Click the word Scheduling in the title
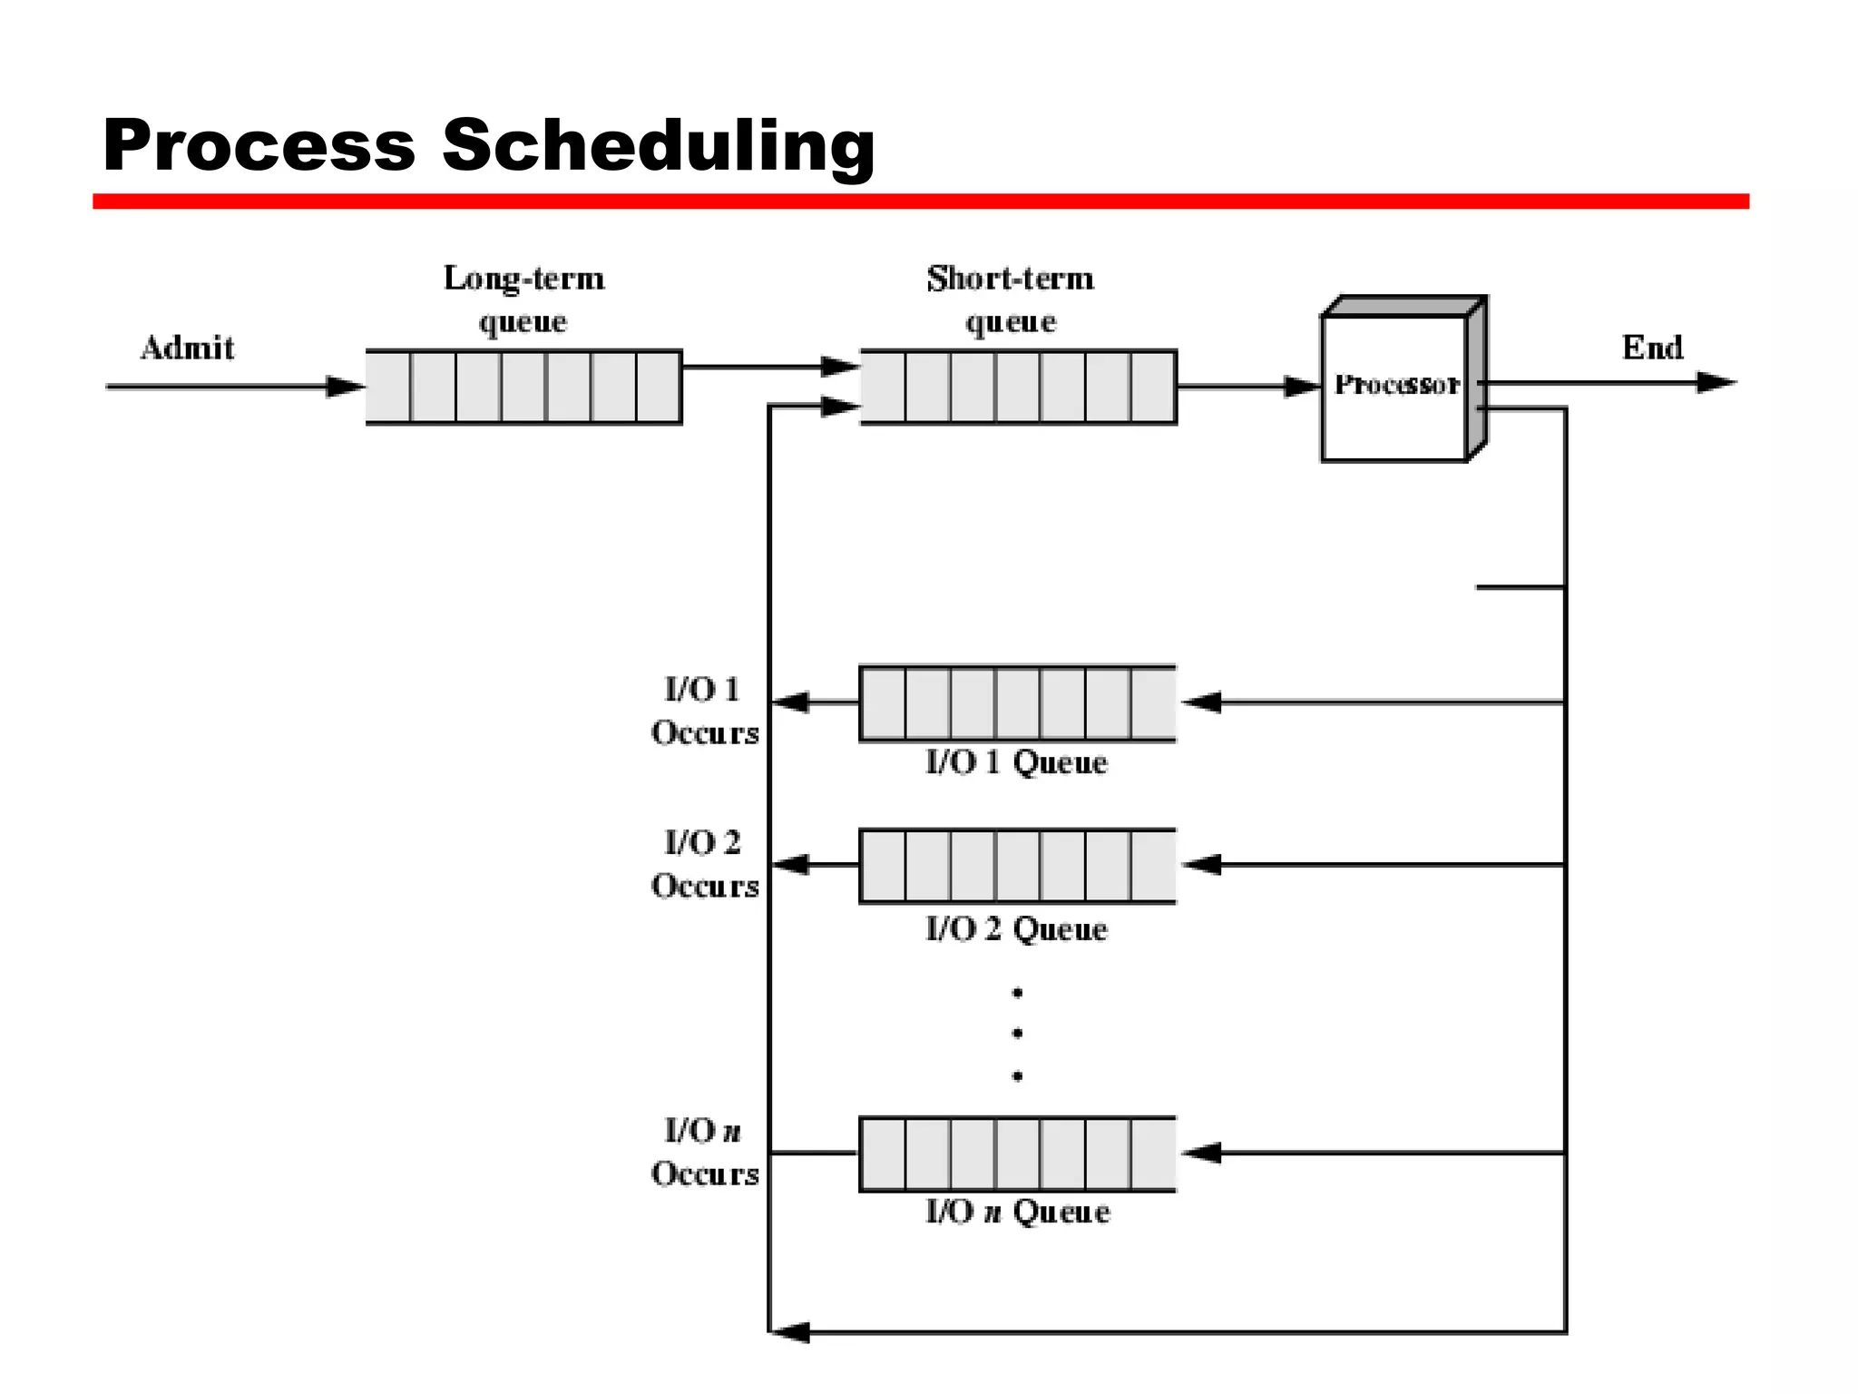(659, 145)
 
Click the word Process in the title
(259, 145)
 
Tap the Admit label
(188, 348)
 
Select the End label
(1652, 348)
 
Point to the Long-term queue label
(523, 299)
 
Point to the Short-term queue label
(1011, 299)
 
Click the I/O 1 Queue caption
(1016, 762)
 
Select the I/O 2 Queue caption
(1016, 929)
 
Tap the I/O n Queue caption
(1017, 1212)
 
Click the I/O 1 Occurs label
(704, 711)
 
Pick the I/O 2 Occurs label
(704, 864)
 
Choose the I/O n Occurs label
(704, 1152)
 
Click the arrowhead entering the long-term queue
(346, 387)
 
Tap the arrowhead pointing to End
(1716, 383)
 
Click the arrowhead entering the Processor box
(1302, 387)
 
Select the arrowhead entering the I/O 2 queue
(1203, 865)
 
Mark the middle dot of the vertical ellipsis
(1018, 1033)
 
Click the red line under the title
(920, 201)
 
